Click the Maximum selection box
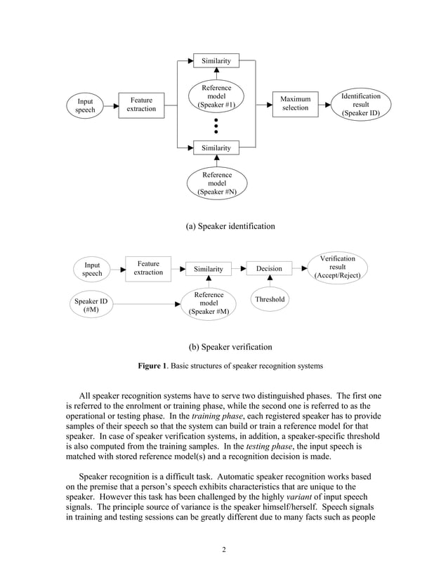click(x=295, y=104)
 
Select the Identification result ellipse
click(x=360, y=104)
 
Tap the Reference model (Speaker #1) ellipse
click(x=216, y=96)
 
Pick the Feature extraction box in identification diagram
click(x=141, y=104)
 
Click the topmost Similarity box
click(x=216, y=61)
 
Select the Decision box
click(x=269, y=268)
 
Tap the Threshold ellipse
click(x=270, y=299)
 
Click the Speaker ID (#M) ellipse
click(x=91, y=305)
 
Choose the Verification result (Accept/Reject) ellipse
click(x=337, y=268)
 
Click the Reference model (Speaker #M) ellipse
click(x=209, y=304)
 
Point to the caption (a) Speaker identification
click(x=230, y=226)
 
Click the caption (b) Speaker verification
click(x=230, y=347)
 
